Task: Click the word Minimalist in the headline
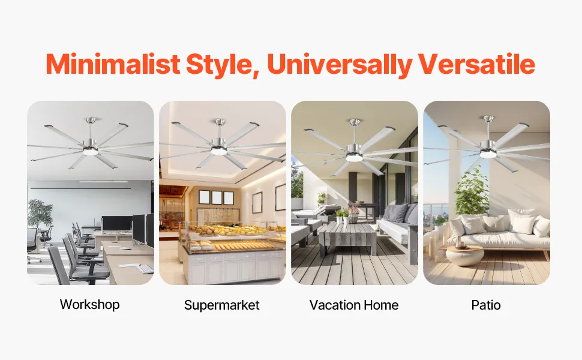click(113, 65)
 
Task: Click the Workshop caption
click(90, 304)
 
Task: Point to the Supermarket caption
click(222, 305)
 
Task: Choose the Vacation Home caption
click(354, 305)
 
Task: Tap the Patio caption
click(486, 305)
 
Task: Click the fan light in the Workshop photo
click(90, 152)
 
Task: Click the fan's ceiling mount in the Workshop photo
click(91, 121)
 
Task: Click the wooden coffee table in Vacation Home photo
click(348, 237)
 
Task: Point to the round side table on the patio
click(465, 256)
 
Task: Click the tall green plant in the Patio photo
click(472, 193)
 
